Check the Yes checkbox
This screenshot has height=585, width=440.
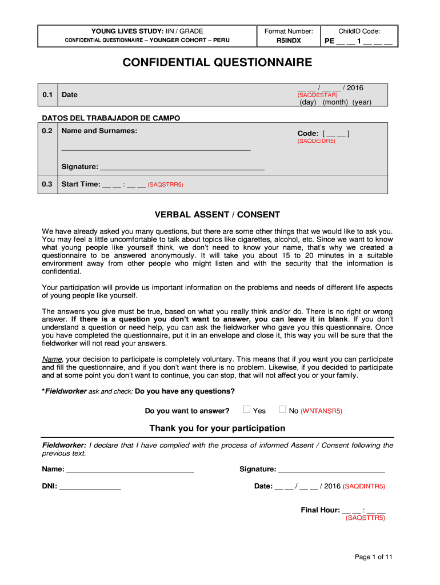pyautogui.click(x=247, y=409)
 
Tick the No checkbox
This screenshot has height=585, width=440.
pyautogui.click(x=282, y=409)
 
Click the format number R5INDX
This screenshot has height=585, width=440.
pyautogui.click(x=289, y=41)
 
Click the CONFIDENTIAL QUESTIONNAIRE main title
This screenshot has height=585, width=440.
pyautogui.click(x=218, y=62)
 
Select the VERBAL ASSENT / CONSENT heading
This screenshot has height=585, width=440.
pyautogui.click(x=218, y=215)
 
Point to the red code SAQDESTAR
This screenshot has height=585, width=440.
pyautogui.click(x=317, y=95)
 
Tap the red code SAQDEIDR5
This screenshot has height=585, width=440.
pyautogui.click(x=316, y=141)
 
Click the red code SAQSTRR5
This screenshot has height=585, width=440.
pyautogui.click(x=165, y=185)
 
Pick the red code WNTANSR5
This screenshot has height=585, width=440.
pyautogui.click(x=321, y=411)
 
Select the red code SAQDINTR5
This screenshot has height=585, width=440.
pyautogui.click(x=364, y=487)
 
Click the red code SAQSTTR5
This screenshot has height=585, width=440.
pyautogui.click(x=365, y=518)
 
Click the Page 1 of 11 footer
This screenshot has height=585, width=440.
pyautogui.click(x=373, y=557)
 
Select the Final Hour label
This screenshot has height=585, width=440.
pyautogui.click(x=320, y=510)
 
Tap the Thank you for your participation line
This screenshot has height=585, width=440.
pyautogui.click(x=217, y=428)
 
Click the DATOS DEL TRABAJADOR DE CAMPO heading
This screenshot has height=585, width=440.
pyautogui.click(x=111, y=118)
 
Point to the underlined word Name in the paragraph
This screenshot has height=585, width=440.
pyautogui.click(x=51, y=359)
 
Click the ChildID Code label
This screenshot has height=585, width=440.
pyautogui.click(x=359, y=31)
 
